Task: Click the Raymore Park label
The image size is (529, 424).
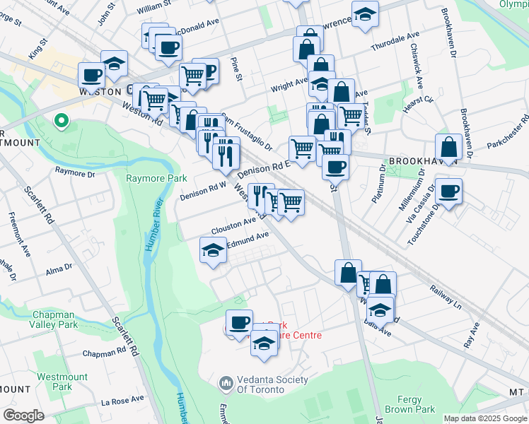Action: click(x=156, y=178)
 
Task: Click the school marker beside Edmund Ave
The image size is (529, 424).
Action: click(x=213, y=251)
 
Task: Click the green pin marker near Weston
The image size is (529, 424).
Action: click(x=62, y=122)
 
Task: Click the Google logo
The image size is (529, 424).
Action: click(x=23, y=416)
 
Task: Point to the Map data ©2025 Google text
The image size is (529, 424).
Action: click(x=484, y=418)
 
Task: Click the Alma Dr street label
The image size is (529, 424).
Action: click(x=59, y=269)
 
